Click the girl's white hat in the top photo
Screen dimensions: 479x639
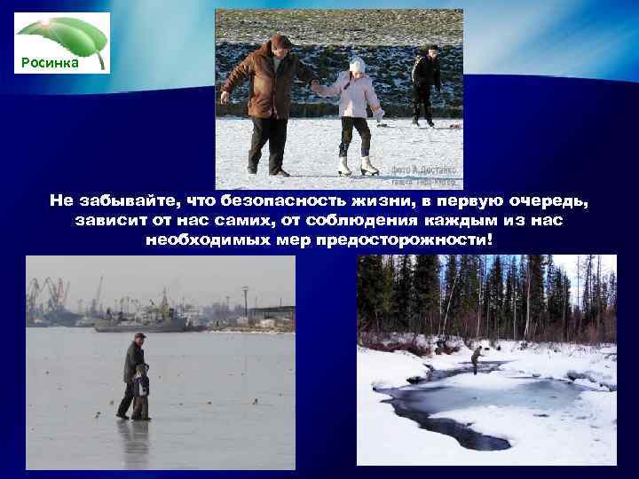click(358, 65)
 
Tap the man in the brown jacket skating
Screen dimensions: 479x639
click(272, 102)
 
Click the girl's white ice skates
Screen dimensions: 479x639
click(356, 166)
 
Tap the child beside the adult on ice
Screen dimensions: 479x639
click(142, 393)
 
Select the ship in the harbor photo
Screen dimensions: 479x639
click(142, 321)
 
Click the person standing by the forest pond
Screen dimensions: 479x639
click(477, 359)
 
